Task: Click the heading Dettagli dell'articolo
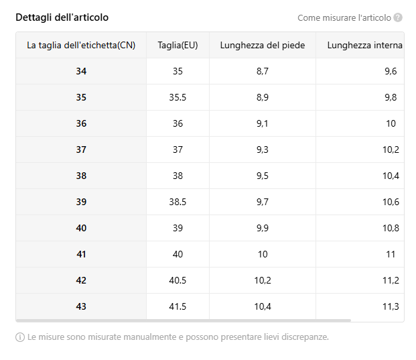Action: pyautogui.click(x=62, y=17)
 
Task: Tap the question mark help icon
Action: pyautogui.click(x=398, y=18)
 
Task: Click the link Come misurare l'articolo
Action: pyautogui.click(x=344, y=18)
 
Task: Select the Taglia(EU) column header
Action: pyautogui.click(x=178, y=45)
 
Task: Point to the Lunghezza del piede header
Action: pyautogui.click(x=263, y=45)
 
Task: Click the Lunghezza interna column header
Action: pyautogui.click(x=365, y=45)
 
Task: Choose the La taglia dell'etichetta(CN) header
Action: pyautogui.click(x=81, y=45)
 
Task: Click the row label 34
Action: pyautogui.click(x=81, y=71)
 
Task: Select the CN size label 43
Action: pyautogui.click(x=81, y=306)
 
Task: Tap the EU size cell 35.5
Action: pyautogui.click(x=178, y=97)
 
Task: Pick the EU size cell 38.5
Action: pyautogui.click(x=178, y=202)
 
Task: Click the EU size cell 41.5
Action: pyautogui.click(x=178, y=306)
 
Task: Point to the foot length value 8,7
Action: pyautogui.click(x=263, y=71)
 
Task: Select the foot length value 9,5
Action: pyautogui.click(x=263, y=176)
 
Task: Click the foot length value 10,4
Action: pyautogui.click(x=263, y=306)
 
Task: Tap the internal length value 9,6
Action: pyautogui.click(x=391, y=71)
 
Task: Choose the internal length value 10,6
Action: pyautogui.click(x=391, y=202)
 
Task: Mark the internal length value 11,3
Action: pyautogui.click(x=391, y=306)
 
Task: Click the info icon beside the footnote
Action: pyautogui.click(x=20, y=337)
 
